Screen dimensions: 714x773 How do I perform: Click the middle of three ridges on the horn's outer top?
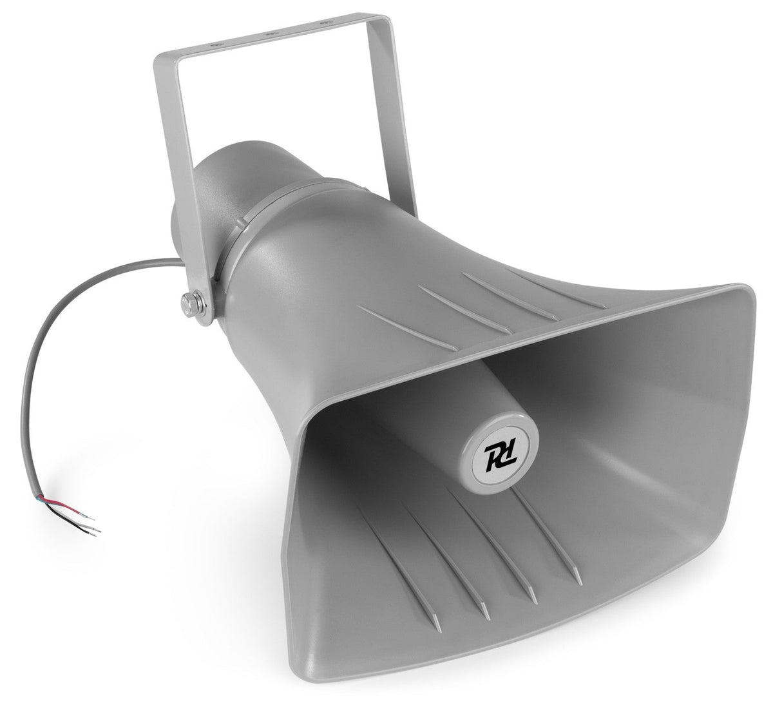tap(464, 308)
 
